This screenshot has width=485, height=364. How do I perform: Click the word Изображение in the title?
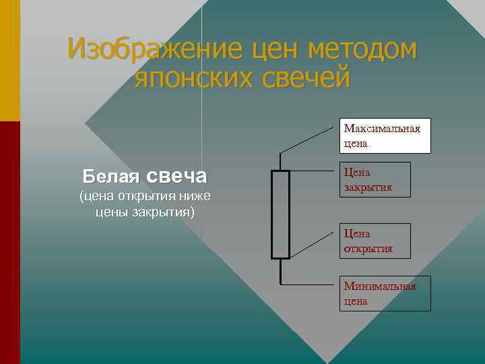click(x=154, y=49)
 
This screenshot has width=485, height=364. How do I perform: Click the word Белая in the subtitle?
click(x=110, y=177)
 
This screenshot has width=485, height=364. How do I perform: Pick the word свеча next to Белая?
click(x=176, y=177)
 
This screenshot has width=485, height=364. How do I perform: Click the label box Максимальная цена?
click(x=384, y=135)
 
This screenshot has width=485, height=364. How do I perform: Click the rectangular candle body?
click(x=280, y=214)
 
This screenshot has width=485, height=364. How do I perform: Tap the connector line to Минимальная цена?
click(x=310, y=284)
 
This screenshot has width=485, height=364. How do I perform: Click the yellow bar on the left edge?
click(x=9, y=61)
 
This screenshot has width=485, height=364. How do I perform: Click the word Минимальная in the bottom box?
click(x=380, y=286)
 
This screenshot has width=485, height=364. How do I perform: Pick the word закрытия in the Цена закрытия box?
click(x=368, y=187)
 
